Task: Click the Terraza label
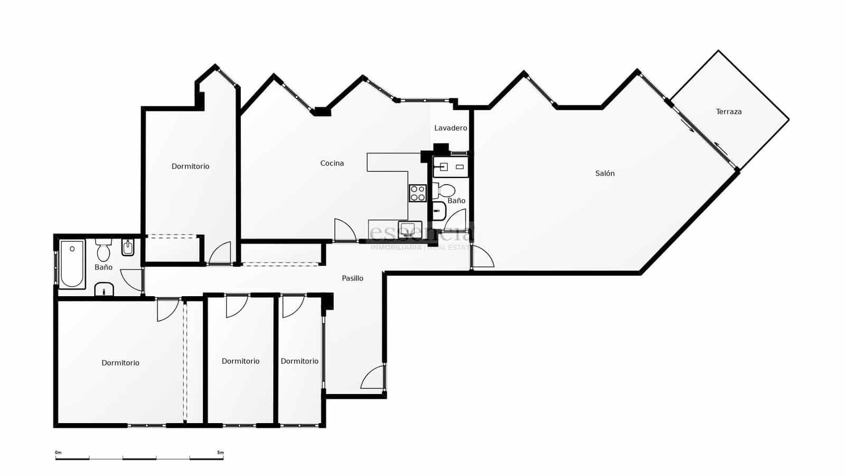[729, 112]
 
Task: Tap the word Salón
[605, 173]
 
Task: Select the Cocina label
[332, 163]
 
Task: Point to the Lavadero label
[450, 128]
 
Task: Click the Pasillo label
[352, 278]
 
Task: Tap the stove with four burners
[417, 193]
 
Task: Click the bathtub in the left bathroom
[72, 264]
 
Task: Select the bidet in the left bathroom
[128, 247]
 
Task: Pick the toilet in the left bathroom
[104, 250]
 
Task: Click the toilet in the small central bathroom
[445, 190]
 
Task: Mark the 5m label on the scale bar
[220, 453]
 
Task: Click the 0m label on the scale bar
[58, 453]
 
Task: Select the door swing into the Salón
[482, 258]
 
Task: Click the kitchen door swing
[344, 230]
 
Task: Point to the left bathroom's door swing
[132, 280]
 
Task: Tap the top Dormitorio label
[190, 167]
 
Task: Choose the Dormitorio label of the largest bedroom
[120, 363]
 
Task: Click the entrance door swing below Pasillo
[373, 377]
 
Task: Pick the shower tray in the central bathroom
[438, 212]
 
